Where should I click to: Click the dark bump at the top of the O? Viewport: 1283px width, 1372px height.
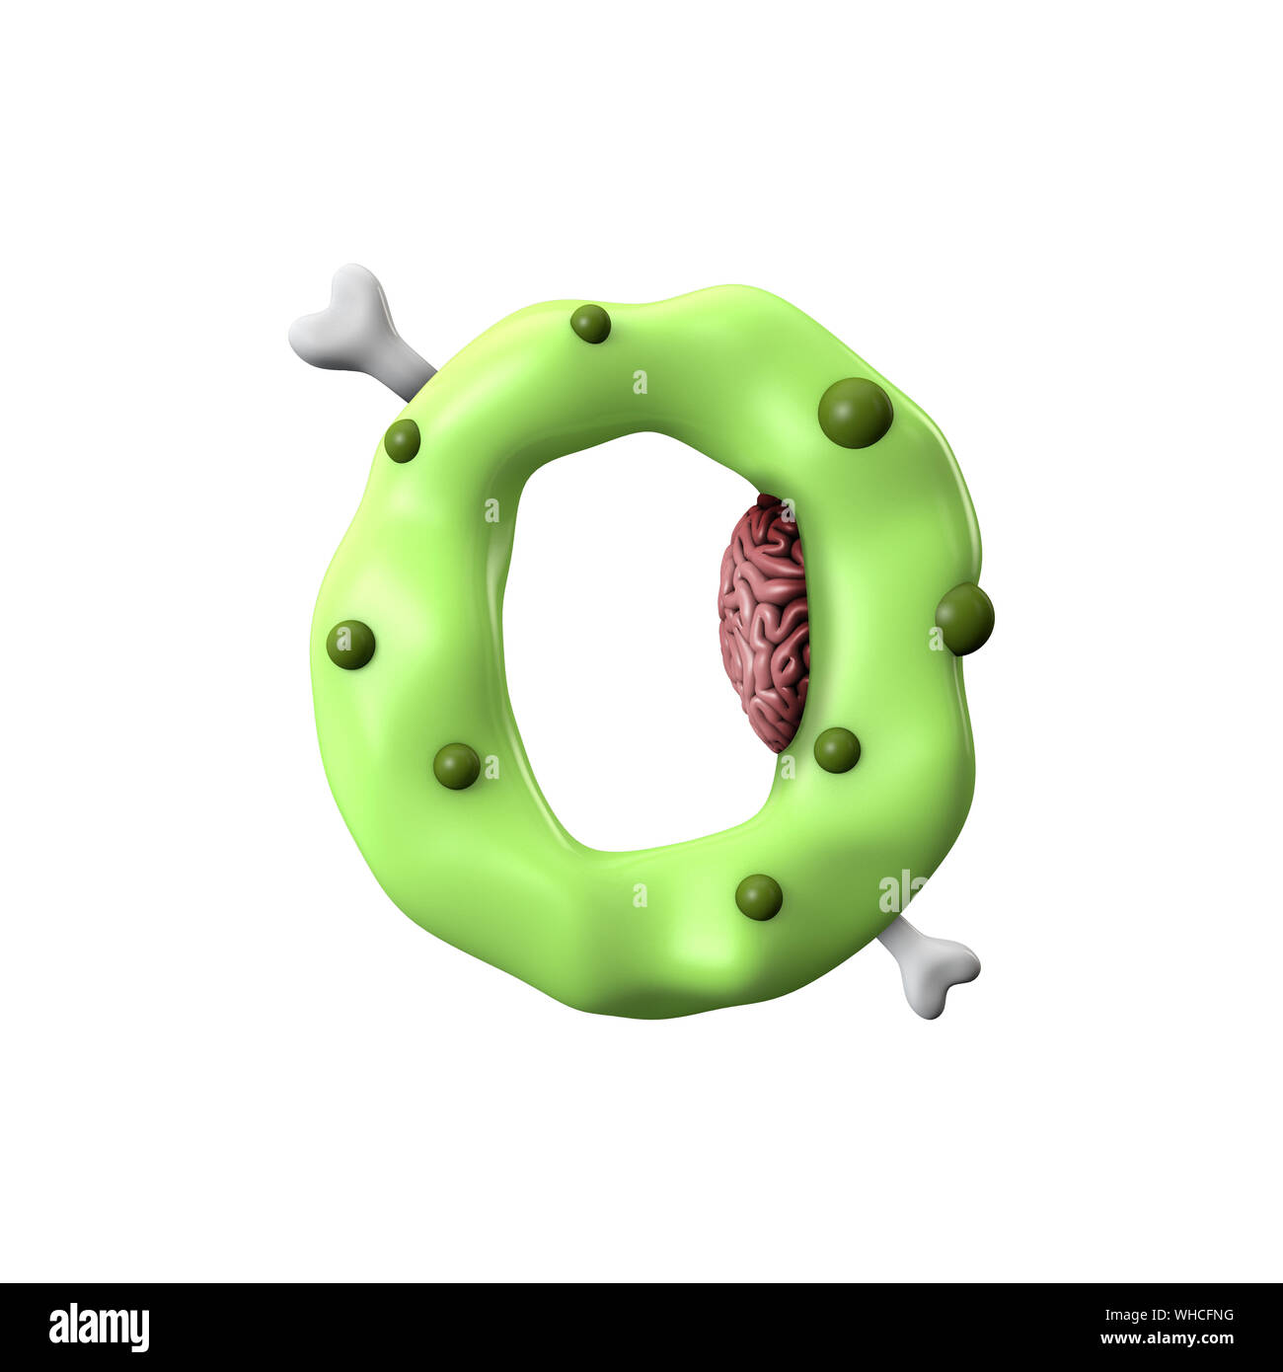click(x=590, y=324)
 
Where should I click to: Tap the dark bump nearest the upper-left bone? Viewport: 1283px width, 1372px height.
click(x=402, y=440)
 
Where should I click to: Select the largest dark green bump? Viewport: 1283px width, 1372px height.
click(x=855, y=413)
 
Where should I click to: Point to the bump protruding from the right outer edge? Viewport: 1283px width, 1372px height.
click(x=964, y=619)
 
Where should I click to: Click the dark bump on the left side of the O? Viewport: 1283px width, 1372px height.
click(x=350, y=645)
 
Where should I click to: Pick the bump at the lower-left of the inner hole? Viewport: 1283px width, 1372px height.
click(x=457, y=766)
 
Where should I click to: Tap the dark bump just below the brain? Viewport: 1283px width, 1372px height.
click(x=837, y=750)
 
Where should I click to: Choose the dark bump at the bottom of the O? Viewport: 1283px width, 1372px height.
click(x=758, y=896)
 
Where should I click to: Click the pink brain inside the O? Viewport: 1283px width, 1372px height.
click(x=763, y=622)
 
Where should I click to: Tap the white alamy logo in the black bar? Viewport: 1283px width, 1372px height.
click(x=99, y=1327)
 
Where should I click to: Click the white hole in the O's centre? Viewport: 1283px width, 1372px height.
click(x=622, y=642)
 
